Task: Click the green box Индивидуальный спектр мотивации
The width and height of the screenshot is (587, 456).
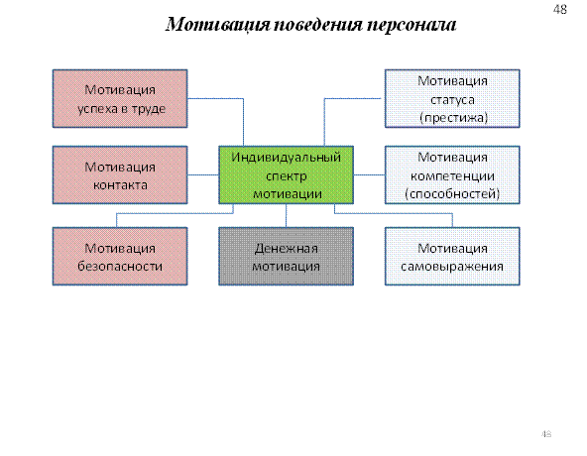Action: [x=286, y=174]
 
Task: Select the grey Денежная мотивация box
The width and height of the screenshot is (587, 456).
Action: [x=286, y=257]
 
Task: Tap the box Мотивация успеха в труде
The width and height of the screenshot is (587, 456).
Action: [x=120, y=98]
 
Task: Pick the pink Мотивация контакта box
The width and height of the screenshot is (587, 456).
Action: [x=120, y=174]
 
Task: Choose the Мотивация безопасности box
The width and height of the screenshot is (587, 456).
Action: [x=120, y=257]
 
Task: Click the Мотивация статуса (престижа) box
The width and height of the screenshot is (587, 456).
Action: [x=452, y=98]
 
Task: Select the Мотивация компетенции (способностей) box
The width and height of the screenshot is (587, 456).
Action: [x=452, y=174]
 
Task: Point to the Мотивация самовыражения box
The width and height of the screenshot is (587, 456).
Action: [x=452, y=257]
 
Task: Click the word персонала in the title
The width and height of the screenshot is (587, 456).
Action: [x=411, y=25]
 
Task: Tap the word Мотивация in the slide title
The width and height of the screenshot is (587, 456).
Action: [x=217, y=25]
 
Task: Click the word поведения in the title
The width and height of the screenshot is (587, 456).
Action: [x=318, y=25]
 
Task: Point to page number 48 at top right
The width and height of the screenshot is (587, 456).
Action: [x=560, y=9]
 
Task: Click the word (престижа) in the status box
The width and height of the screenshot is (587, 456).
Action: [x=454, y=118]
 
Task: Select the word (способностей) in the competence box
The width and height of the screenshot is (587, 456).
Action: [x=452, y=194]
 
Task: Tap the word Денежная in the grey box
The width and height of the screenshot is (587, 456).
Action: [x=286, y=248]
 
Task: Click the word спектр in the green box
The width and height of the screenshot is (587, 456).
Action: [x=286, y=176]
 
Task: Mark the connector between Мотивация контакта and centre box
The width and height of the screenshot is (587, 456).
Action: [x=203, y=174]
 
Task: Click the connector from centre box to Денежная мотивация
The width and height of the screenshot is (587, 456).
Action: [x=286, y=216]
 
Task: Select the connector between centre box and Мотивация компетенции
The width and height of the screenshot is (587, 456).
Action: [x=369, y=174]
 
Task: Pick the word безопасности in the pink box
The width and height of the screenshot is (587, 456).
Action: [x=120, y=267]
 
